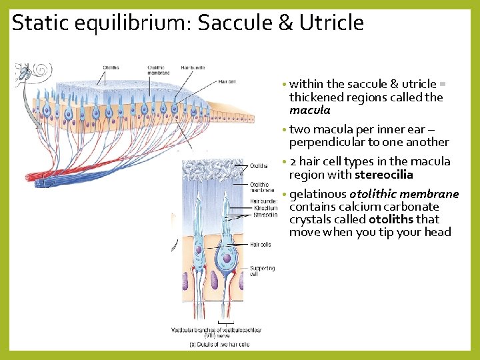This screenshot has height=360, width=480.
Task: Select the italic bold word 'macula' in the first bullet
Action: (x=309, y=110)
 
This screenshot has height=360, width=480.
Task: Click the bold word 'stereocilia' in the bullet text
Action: (x=384, y=175)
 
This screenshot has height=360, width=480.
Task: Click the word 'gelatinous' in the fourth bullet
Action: (x=318, y=194)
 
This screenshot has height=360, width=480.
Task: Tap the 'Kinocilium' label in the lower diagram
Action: (x=265, y=208)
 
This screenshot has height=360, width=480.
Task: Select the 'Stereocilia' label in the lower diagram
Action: (x=265, y=215)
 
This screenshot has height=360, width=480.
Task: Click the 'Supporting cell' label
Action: (x=262, y=271)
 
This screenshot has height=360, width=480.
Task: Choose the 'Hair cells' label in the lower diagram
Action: (x=260, y=245)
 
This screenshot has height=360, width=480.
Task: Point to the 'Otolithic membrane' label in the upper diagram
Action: (x=158, y=70)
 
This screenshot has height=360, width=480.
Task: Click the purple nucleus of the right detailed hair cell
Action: (x=227, y=258)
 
